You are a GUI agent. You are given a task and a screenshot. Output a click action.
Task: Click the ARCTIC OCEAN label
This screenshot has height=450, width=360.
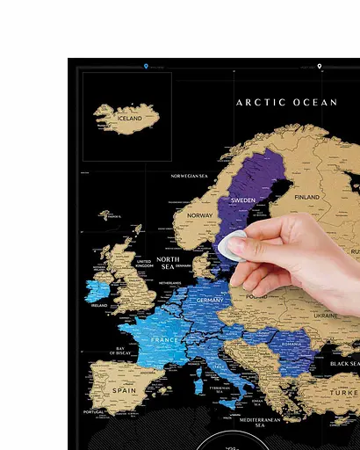coord(286,103)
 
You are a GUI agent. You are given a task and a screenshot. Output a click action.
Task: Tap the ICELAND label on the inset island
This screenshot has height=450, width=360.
coord(129,118)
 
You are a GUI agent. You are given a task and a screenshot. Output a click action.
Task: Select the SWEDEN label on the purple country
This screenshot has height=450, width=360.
coord(243,200)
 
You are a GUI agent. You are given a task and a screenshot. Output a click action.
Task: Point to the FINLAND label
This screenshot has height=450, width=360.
coord(306,197)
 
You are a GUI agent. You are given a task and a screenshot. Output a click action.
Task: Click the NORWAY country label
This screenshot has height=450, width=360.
coord(200,215)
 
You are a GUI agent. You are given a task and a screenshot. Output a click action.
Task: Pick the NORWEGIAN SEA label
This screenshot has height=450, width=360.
coord(189,176)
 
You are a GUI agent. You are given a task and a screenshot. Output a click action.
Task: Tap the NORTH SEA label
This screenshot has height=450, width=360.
coord(168,264)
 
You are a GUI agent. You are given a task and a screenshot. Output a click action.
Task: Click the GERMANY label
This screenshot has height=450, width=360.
coord(211,300)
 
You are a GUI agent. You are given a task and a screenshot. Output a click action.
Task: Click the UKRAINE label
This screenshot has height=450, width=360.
coord(325,315)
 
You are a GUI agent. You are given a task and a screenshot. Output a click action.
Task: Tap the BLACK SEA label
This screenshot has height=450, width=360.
coord(343,364)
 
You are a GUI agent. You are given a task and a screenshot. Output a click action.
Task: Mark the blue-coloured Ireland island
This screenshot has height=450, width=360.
coord(97,290)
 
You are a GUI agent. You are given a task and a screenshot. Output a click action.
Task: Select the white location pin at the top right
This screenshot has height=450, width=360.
coord(320,66)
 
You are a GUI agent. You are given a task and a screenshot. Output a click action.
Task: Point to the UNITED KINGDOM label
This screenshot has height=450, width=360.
coord(143,265)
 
